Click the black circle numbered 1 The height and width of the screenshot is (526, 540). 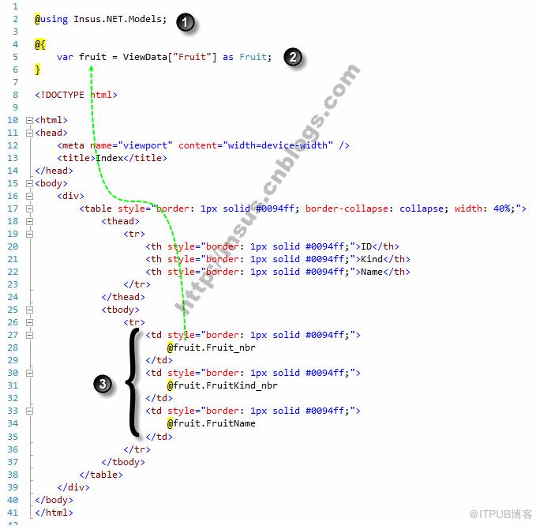click(186, 22)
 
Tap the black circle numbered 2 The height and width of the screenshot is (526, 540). click(293, 57)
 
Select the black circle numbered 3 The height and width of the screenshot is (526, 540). click(103, 384)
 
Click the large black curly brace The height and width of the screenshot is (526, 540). click(133, 382)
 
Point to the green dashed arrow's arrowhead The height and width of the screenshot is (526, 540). click(92, 69)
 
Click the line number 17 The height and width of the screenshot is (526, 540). click(13, 209)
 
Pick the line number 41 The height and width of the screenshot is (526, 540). click(13, 513)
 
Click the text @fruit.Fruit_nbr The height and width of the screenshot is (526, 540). click(212, 348)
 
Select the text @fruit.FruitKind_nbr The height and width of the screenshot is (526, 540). click(223, 385)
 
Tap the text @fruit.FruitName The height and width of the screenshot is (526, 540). click(212, 423)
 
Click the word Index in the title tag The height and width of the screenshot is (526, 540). click(110, 158)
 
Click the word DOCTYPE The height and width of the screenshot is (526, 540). click(65, 95)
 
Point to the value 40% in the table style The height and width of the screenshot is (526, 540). click(502, 209)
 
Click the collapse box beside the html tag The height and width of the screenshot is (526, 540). click(30, 120)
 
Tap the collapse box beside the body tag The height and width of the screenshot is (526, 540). click(30, 183)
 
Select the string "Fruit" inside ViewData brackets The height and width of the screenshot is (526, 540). click(192, 57)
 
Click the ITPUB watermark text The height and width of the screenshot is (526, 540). click(501, 514)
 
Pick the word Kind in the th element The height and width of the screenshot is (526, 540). click(372, 259)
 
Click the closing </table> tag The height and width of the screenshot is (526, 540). click(101, 475)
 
